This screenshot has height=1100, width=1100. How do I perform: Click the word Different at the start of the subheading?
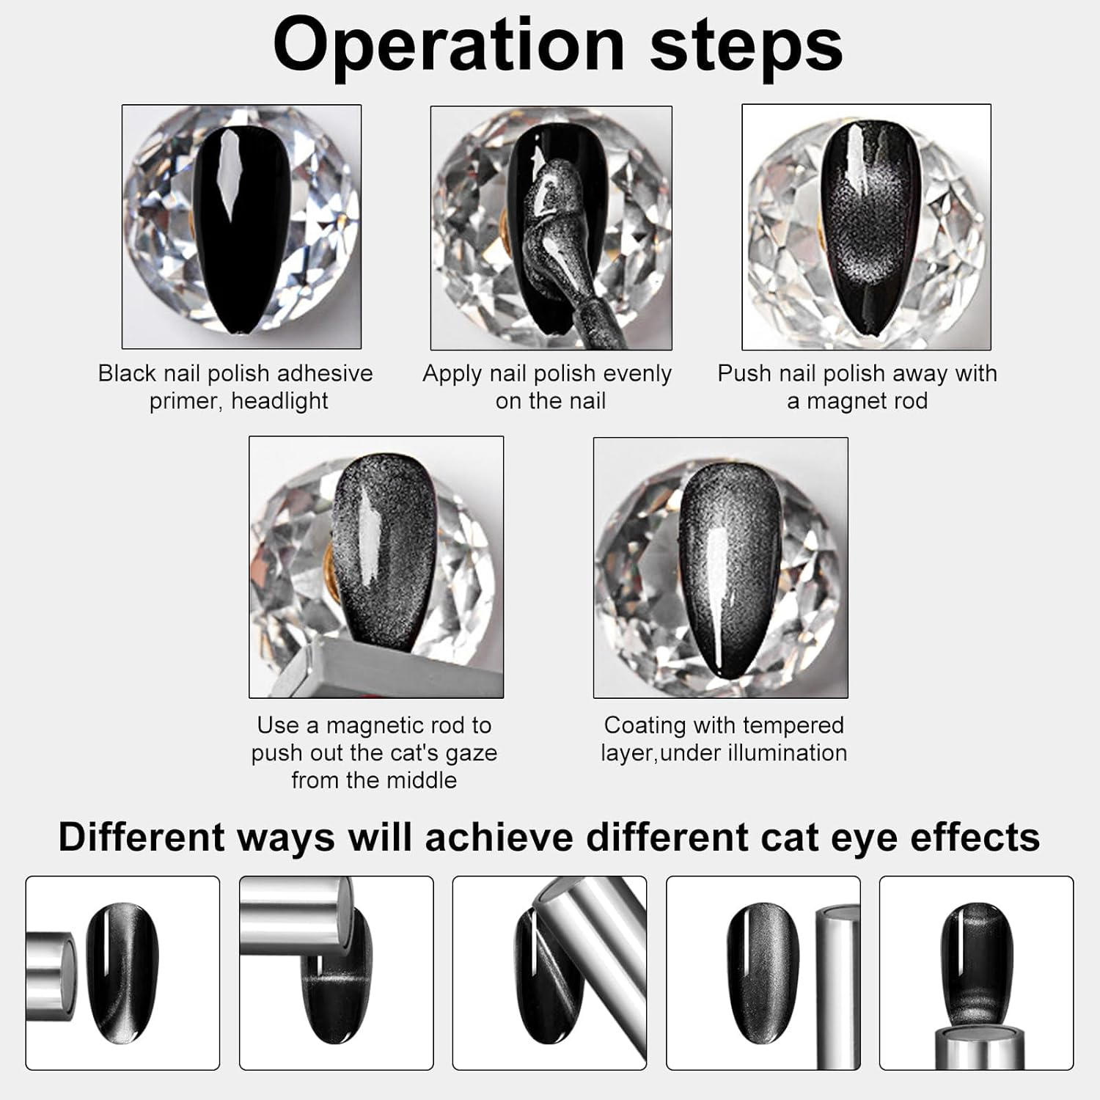141,837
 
